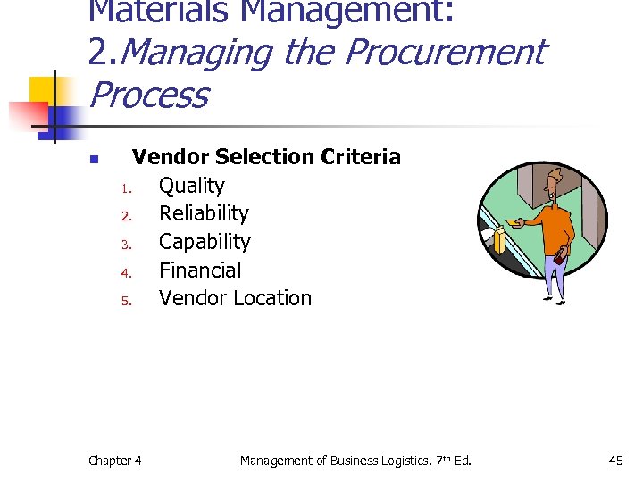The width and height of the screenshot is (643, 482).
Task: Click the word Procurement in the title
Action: tap(444, 53)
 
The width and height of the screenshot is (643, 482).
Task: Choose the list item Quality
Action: tap(191, 186)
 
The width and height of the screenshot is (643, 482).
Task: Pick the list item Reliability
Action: tap(204, 213)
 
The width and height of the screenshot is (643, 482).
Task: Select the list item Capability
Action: tap(205, 242)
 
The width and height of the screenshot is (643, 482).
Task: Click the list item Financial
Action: tap(200, 270)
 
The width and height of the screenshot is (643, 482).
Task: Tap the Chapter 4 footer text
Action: tap(114, 461)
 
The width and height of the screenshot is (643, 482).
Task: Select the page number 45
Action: tap(615, 461)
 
